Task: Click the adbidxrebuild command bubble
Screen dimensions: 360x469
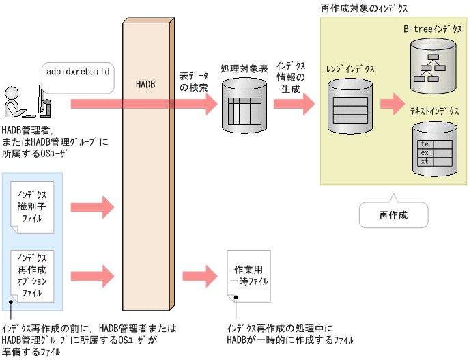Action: coord(77,70)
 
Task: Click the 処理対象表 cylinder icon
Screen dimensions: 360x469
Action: coord(244,105)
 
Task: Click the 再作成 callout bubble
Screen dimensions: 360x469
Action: coord(393,214)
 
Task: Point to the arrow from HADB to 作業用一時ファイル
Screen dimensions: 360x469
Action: coord(201,277)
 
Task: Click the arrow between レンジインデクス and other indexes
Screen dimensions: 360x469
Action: coord(393,105)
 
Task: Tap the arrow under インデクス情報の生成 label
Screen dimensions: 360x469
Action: coord(294,104)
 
